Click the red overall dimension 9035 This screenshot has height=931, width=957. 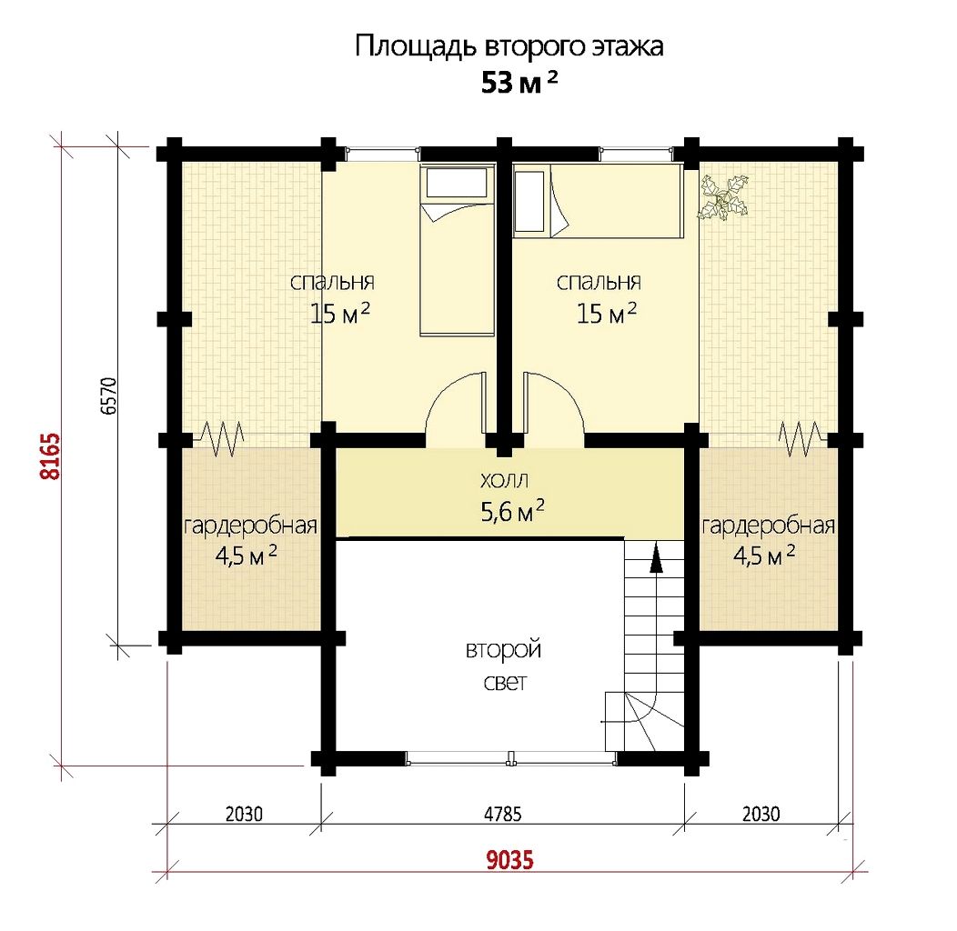pos(509,859)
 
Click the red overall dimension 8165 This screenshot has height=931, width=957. pos(51,455)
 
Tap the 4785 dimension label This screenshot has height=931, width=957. pos(503,814)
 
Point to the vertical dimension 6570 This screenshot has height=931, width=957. pos(108,396)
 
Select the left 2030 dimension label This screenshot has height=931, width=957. pos(244,814)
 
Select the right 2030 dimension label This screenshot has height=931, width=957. pos(761,814)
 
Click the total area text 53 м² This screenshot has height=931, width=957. pos(519,82)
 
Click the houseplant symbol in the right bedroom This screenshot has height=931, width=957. pos(724,196)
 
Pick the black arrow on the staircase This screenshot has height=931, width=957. pos(656,557)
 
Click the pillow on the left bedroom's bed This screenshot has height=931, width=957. pos(457,183)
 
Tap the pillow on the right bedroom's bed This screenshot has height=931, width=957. pos(529,201)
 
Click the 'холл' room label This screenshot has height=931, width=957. pos(504,480)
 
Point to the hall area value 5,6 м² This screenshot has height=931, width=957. pos(513,511)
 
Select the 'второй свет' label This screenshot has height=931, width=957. pos(504,665)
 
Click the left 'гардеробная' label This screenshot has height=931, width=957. pos(250,526)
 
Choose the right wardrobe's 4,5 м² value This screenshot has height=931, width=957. pos(763,556)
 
